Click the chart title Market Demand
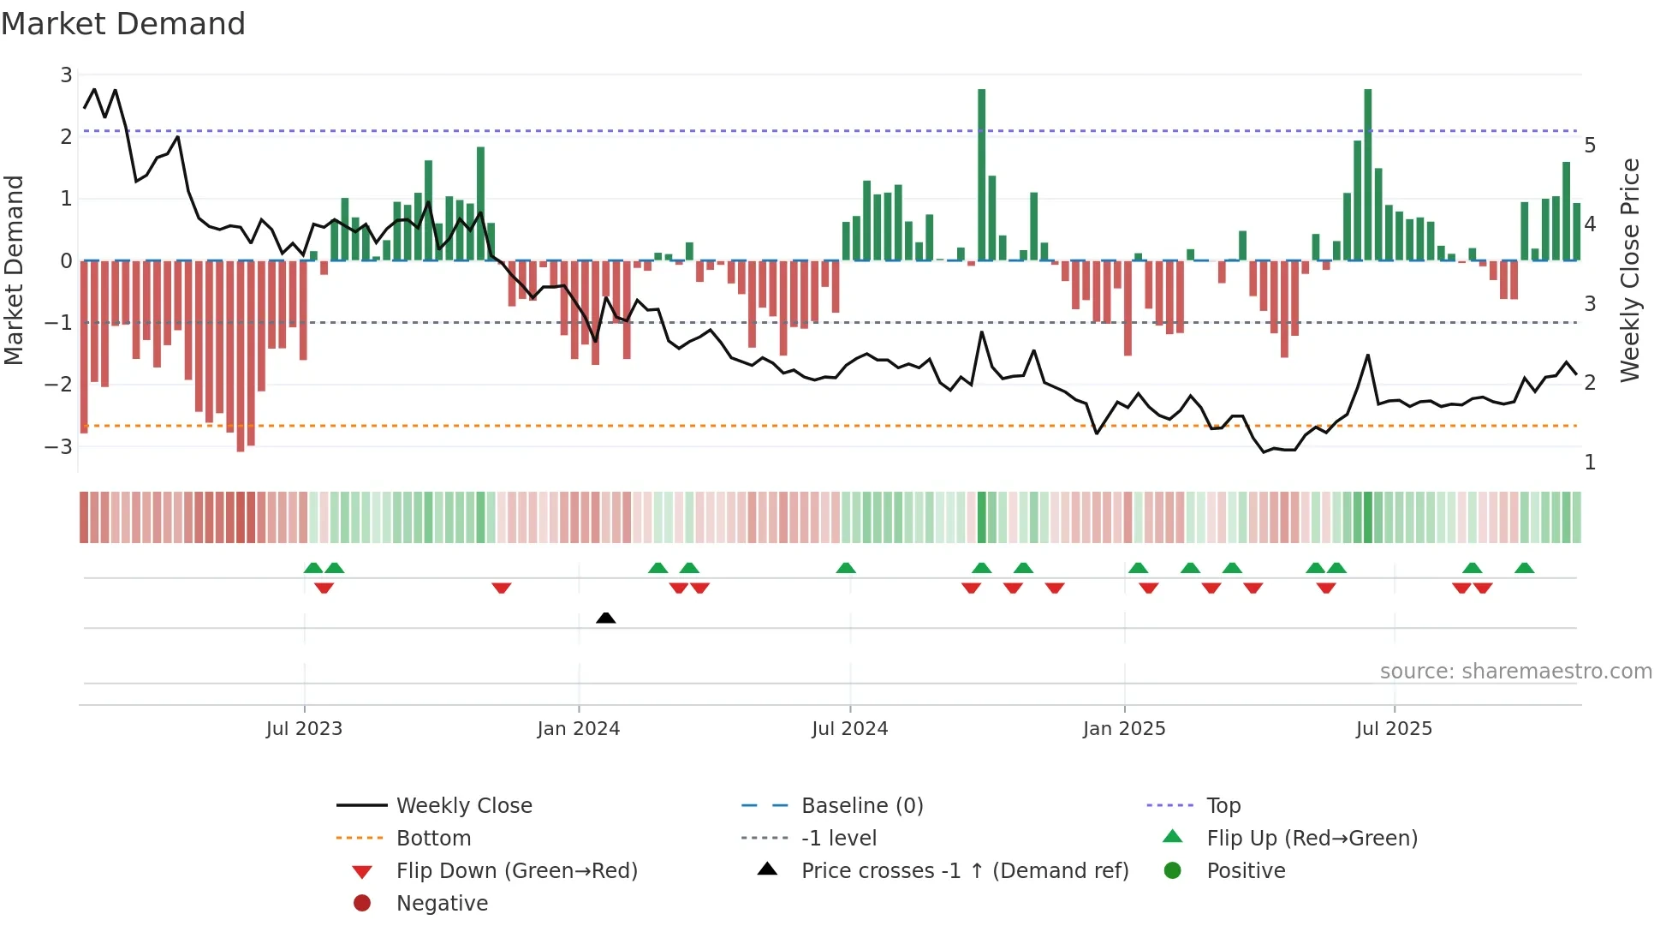[123, 23]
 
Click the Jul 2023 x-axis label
[304, 729]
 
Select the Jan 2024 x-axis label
[578, 729]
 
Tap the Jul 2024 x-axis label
[849, 729]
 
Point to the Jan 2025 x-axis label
[1123, 729]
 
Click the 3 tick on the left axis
[66, 75]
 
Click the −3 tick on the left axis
[60, 446]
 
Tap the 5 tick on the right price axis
[1590, 145]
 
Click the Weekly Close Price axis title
[1630, 270]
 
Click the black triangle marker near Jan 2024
[605, 618]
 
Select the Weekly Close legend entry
[463, 806]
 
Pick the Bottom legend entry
[433, 839]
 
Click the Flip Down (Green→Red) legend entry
[516, 871]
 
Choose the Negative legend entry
[442, 904]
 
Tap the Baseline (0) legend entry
[861, 806]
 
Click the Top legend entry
[1223, 806]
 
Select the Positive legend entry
[1245, 871]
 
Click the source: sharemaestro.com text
[1515, 672]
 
